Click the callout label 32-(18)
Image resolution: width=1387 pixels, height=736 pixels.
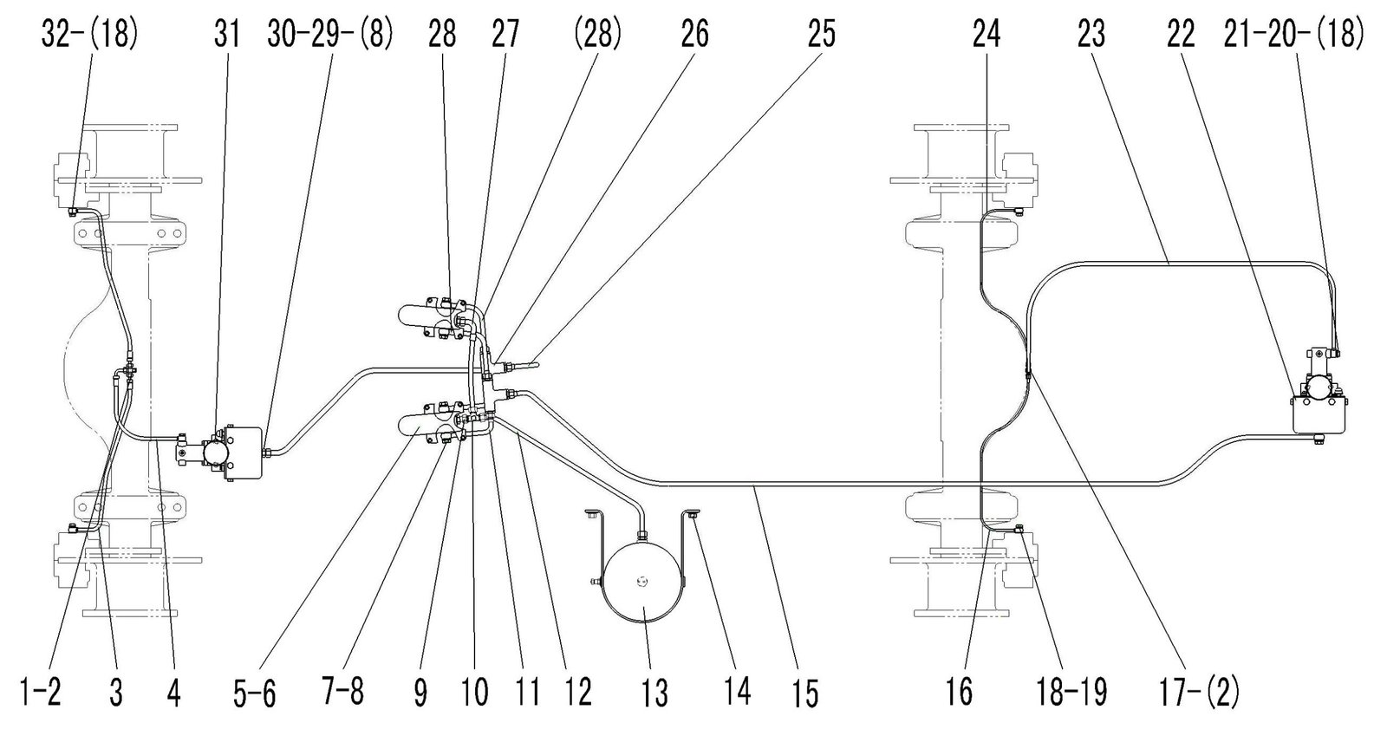[x=90, y=34]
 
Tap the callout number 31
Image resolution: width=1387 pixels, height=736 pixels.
[x=226, y=34]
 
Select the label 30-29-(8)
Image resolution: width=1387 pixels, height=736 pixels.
[x=330, y=34]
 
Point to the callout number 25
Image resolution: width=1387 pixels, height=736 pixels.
[x=821, y=34]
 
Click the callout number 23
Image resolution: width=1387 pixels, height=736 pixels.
[x=1091, y=34]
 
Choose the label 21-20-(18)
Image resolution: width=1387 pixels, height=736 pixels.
[x=1293, y=34]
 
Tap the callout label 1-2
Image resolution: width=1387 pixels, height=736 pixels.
[x=41, y=691]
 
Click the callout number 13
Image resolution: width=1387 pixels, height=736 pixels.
[x=654, y=693]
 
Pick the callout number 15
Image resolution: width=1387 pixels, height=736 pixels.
[x=804, y=693]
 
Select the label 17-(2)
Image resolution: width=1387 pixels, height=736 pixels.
[x=1199, y=692]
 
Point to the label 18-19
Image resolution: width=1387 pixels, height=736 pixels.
[x=1071, y=692]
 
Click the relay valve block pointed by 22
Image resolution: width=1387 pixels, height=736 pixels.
[x=1319, y=414]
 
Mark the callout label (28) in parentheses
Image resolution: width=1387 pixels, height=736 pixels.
[x=597, y=34]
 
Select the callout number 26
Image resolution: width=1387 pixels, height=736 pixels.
[x=694, y=34]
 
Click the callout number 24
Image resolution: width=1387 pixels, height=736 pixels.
[x=987, y=34]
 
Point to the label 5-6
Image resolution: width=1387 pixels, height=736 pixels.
[x=255, y=693]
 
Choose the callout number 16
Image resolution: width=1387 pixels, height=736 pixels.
[x=959, y=692]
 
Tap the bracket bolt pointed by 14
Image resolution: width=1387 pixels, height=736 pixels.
[x=693, y=513]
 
